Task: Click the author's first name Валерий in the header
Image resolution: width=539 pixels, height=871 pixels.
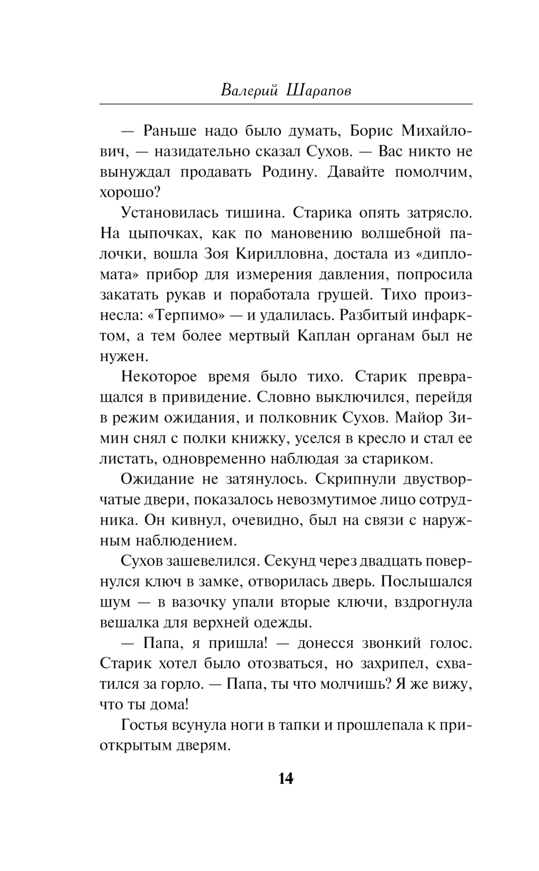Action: click(x=249, y=90)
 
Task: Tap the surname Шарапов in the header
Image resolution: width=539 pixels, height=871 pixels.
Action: click(x=319, y=90)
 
